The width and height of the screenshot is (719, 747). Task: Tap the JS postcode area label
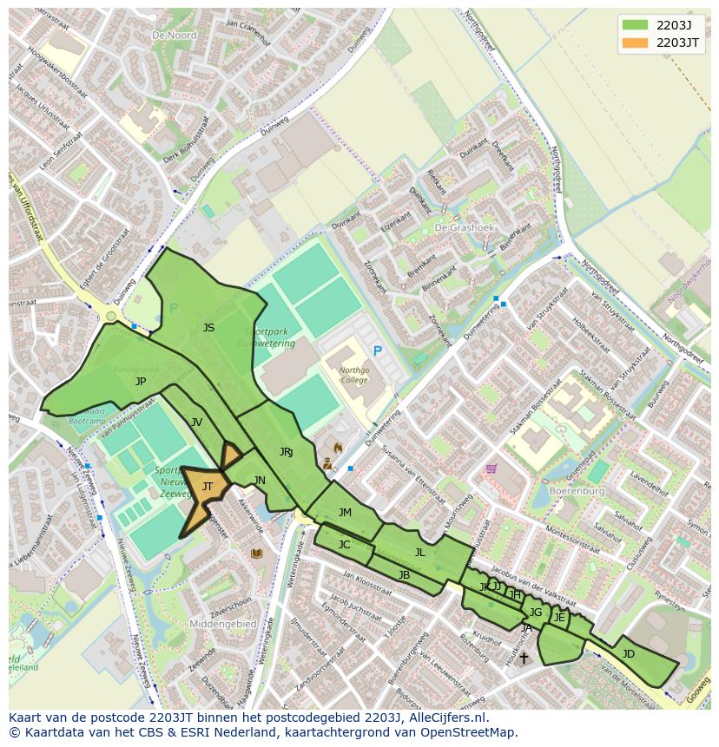[208, 328]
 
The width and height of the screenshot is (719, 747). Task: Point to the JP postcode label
[141, 381]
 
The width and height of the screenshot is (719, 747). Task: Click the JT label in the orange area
[208, 487]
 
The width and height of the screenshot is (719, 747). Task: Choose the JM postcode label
[345, 513]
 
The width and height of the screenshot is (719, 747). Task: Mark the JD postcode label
[628, 653]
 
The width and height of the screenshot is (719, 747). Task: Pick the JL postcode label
[420, 552]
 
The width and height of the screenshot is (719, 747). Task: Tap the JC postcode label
[344, 545]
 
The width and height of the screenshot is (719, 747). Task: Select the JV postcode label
[196, 422]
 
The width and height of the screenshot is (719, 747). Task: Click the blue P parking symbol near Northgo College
[377, 351]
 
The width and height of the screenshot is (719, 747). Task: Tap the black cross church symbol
[523, 659]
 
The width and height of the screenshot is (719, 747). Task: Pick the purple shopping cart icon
[491, 469]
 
